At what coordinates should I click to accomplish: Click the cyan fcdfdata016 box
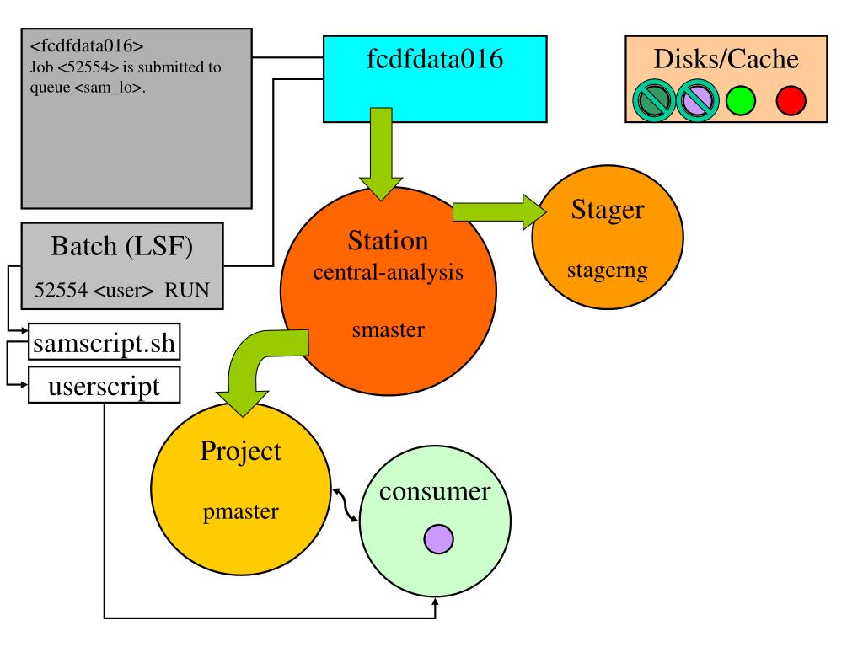(435, 78)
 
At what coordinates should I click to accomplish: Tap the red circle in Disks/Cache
(791, 101)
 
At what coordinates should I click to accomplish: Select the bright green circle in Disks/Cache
(741, 101)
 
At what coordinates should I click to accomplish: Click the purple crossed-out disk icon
(697, 101)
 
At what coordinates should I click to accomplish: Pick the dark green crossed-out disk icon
(654, 101)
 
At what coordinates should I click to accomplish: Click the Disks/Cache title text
(726, 59)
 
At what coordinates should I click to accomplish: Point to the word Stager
(608, 210)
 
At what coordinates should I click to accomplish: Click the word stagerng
(608, 270)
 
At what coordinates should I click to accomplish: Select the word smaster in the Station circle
(388, 330)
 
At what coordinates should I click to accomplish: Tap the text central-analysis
(388, 272)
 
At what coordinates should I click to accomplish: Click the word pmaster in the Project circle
(241, 512)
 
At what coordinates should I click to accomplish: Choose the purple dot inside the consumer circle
(438, 538)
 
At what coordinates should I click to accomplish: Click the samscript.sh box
(104, 342)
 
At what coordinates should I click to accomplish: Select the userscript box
(104, 385)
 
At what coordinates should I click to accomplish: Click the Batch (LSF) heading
(121, 246)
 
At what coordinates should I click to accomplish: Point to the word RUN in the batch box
(187, 290)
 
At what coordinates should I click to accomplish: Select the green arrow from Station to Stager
(499, 211)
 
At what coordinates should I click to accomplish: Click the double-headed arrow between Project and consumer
(345, 505)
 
